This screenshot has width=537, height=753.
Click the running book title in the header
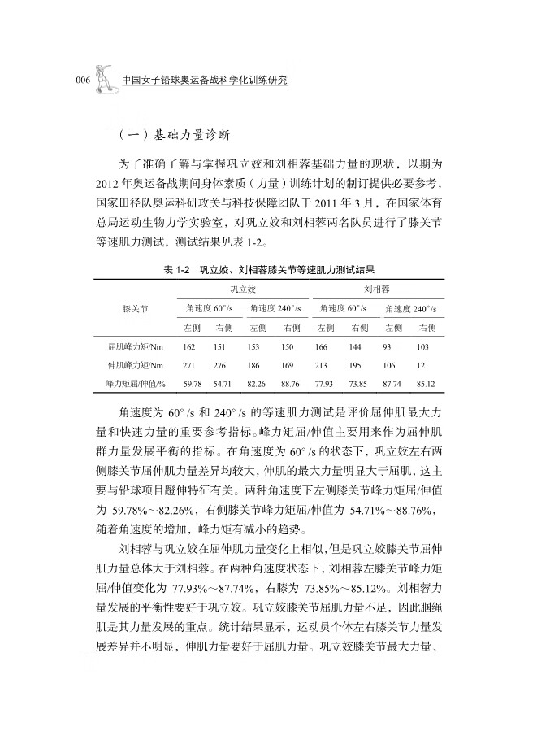pyautogui.click(x=204, y=81)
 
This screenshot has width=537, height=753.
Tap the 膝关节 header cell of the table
pyautogui.click(x=135, y=308)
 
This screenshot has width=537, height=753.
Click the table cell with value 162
pyautogui.click(x=188, y=347)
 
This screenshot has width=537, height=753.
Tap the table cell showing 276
pyautogui.click(x=219, y=365)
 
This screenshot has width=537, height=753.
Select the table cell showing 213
pyautogui.click(x=323, y=365)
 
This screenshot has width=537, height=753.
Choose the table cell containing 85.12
pyautogui.click(x=424, y=382)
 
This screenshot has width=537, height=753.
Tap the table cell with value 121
pyautogui.click(x=424, y=365)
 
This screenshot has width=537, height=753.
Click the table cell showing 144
pyautogui.click(x=355, y=347)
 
